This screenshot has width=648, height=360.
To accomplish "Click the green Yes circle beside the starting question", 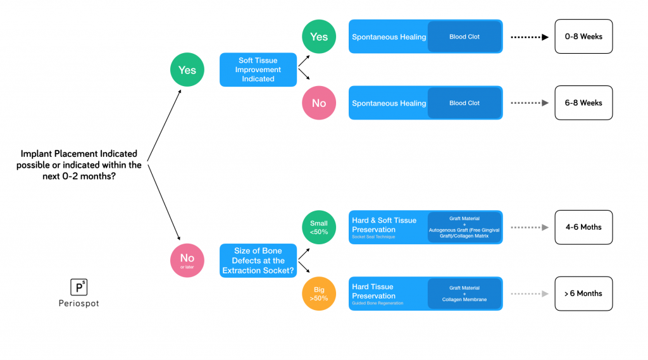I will point(187,70).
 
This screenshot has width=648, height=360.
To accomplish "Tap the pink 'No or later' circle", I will point(187,261).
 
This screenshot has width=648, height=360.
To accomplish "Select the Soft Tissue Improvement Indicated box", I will point(258,70).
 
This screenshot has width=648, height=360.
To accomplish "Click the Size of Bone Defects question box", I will point(258,261).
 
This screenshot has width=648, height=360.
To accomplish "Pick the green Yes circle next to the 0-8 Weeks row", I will point(319,37).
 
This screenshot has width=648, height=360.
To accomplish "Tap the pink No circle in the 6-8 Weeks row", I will point(319,103).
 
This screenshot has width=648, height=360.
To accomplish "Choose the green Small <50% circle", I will point(319,227).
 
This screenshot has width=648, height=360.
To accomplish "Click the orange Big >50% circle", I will point(319,294).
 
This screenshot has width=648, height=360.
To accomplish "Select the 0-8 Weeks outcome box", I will point(583,37).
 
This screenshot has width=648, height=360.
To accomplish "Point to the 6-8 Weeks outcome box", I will point(583,103).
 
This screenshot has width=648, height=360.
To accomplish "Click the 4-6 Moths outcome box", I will point(583,227).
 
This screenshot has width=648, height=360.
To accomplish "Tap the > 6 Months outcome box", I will point(583,294).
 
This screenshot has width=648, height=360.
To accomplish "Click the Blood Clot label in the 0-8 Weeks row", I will point(464,37).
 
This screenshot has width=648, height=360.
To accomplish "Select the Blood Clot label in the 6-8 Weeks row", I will point(464,103).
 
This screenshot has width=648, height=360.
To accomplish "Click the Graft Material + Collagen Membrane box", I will point(464,294).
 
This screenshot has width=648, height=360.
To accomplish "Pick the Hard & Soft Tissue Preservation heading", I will point(384,225).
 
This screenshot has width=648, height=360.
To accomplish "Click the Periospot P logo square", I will point(78,287).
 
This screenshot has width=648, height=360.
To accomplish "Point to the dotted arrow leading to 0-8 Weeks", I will point(529,37).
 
